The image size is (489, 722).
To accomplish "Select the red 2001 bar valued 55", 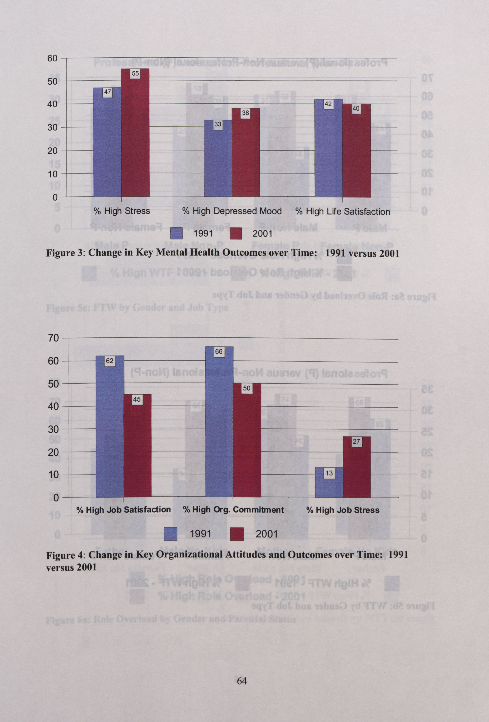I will (135, 134).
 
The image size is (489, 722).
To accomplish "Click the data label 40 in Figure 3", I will (356, 109).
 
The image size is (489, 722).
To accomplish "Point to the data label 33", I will (218, 125).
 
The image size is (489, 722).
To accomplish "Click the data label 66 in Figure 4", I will (219, 352).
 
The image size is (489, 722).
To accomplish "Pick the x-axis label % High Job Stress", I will (343, 510).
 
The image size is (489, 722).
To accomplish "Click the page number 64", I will (242, 681).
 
